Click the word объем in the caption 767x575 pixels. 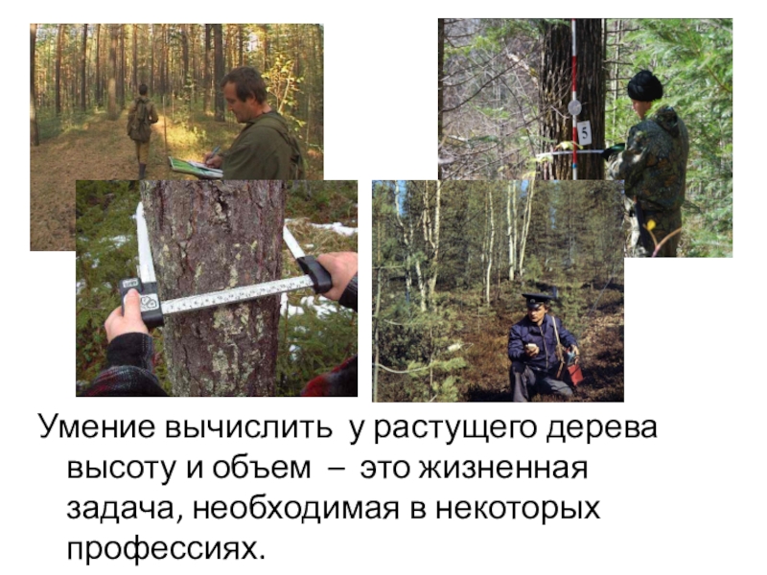click(262, 468)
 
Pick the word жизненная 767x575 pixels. click(504, 469)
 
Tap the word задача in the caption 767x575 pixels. click(125, 510)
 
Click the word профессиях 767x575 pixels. click(166, 549)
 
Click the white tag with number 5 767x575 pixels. click(584, 133)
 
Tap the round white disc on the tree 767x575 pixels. click(574, 107)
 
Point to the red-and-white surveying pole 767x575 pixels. click(574, 99)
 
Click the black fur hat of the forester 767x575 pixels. click(645, 85)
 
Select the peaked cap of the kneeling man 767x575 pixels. click(538, 297)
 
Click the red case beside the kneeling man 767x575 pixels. click(573, 371)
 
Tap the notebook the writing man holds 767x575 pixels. click(195, 167)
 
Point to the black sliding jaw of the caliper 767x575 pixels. click(316, 274)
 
